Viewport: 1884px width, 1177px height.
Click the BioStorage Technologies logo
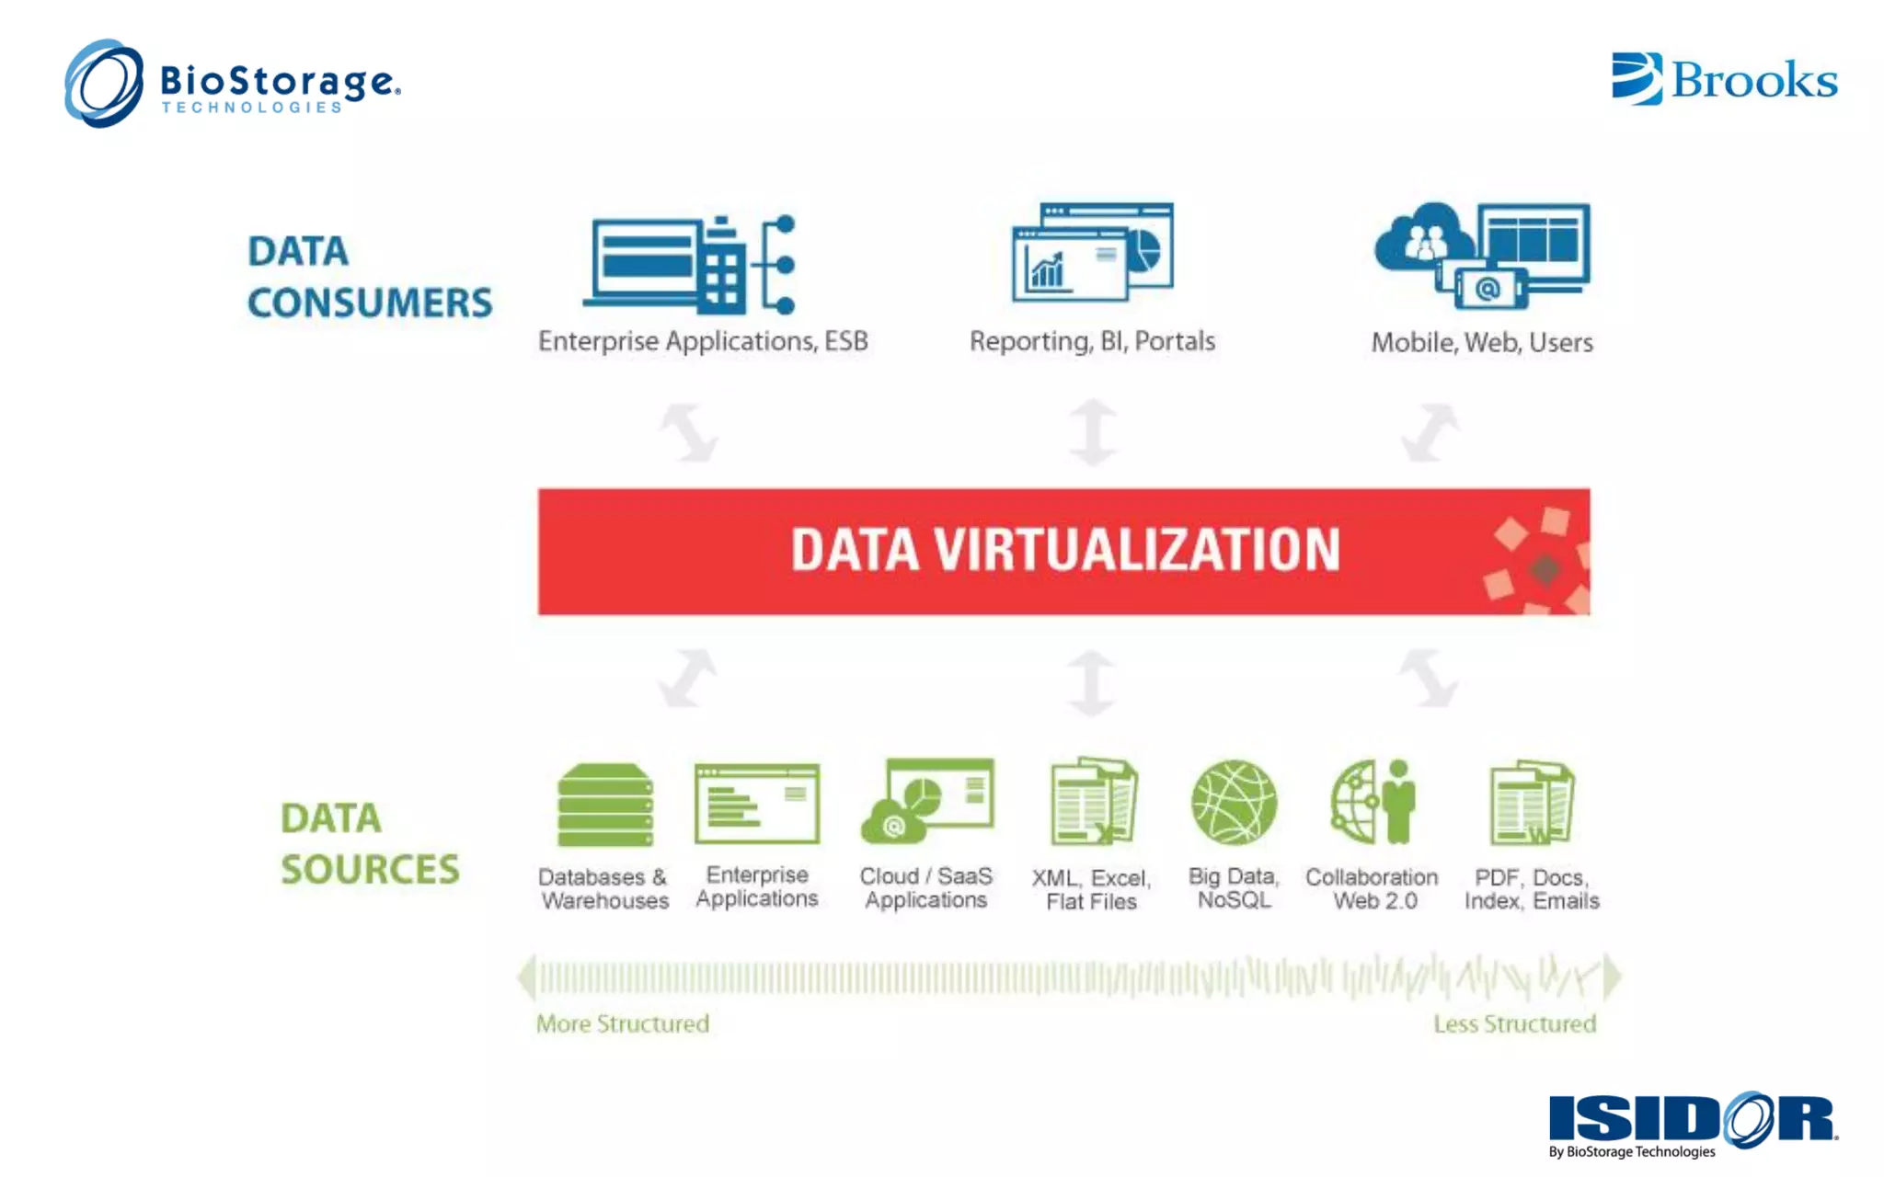coord(232,84)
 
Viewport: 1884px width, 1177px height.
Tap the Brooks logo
coord(1724,79)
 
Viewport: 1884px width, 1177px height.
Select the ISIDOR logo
coord(1693,1123)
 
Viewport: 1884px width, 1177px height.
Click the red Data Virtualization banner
coord(1063,551)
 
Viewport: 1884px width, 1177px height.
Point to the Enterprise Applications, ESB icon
coord(690,265)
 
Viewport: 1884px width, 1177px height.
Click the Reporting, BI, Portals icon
coord(1092,253)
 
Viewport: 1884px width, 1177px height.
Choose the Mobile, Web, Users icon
coord(1482,255)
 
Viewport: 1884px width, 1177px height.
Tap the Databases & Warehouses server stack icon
coord(605,805)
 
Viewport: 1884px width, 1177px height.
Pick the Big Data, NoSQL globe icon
coord(1234,802)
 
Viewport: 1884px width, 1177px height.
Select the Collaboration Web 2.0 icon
coord(1373,802)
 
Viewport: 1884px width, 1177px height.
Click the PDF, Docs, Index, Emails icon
coord(1532,802)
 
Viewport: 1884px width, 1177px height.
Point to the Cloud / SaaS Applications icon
coord(927,801)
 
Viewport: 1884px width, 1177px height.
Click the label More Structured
coord(623,1023)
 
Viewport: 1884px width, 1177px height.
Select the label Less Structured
coord(1514,1023)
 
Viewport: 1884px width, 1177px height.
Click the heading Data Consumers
coord(369,277)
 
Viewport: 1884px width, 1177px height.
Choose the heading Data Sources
coord(369,843)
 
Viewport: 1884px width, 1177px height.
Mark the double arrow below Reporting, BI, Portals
coord(1093,431)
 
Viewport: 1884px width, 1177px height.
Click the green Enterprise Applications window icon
coord(757,804)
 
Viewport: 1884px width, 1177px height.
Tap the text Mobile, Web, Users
coord(1482,342)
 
